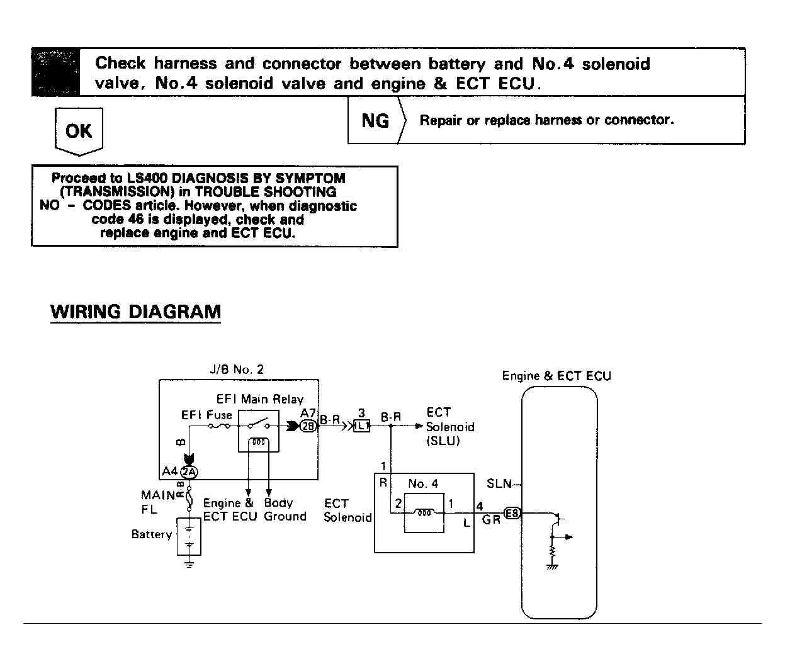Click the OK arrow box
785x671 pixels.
tap(79, 131)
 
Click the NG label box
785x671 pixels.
tap(376, 120)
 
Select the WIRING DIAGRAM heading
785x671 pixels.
tap(135, 312)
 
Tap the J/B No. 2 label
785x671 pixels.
tap(237, 369)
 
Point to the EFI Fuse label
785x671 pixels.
tap(206, 415)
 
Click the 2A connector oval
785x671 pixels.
tap(189, 471)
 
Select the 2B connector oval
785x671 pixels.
tap(308, 426)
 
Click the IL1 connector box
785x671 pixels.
tap(361, 426)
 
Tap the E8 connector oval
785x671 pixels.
tap(512, 513)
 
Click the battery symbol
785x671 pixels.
tap(189, 537)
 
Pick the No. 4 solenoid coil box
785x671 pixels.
tap(424, 513)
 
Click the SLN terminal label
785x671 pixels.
tap(499, 484)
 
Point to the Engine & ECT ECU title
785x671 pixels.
tap(556, 376)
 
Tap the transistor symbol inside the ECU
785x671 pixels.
tap(557, 520)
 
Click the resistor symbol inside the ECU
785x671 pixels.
tap(552, 551)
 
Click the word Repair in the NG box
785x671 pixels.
tap(441, 120)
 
